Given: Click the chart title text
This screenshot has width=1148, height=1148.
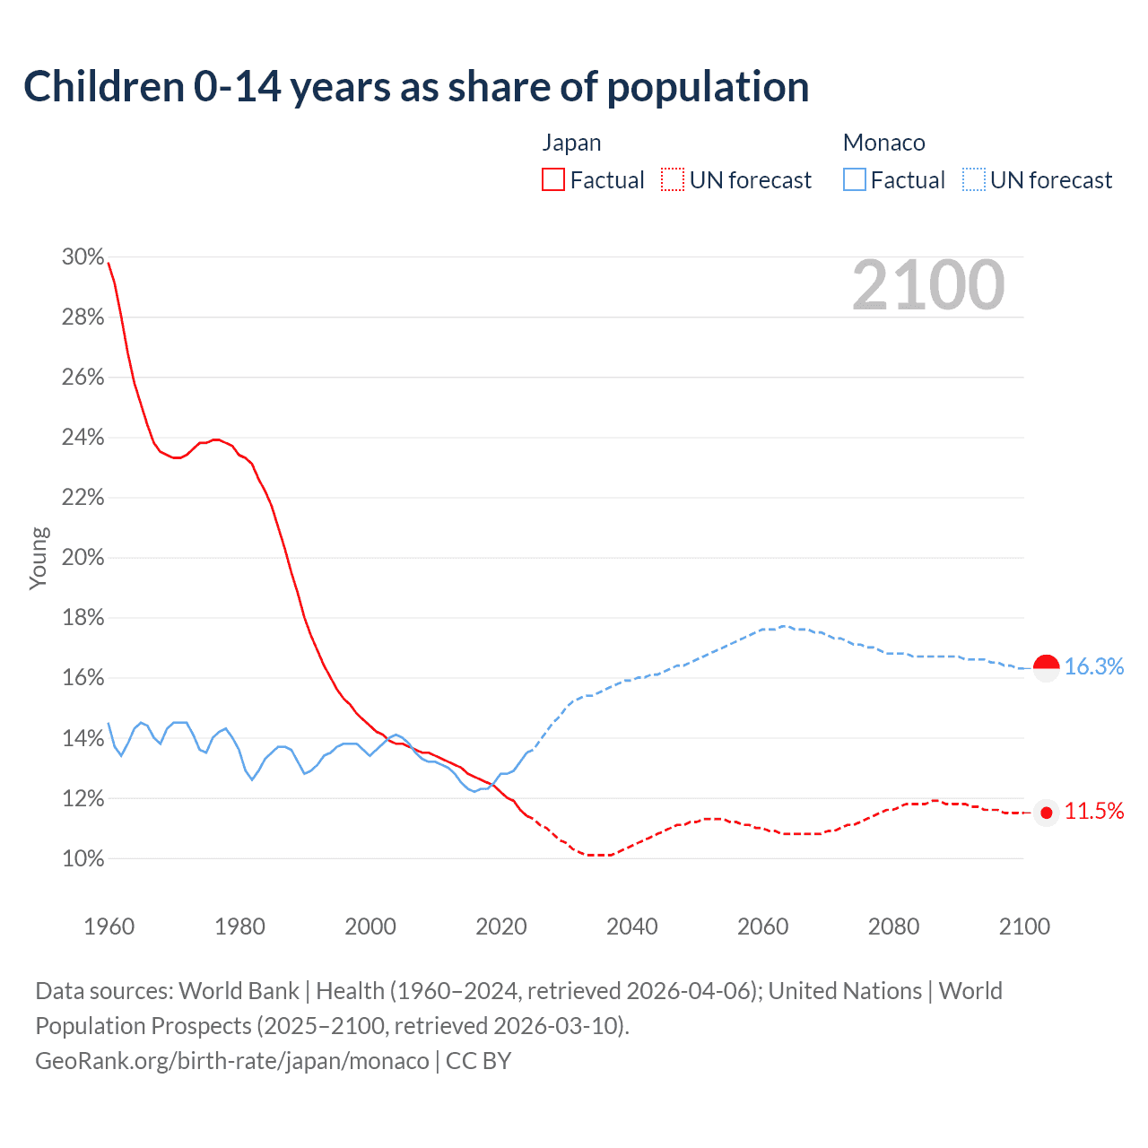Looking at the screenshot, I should pyautogui.click(x=416, y=87).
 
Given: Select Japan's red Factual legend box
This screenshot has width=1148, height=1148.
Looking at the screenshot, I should pyautogui.click(x=553, y=180).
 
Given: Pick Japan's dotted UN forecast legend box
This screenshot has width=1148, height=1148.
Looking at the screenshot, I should pyautogui.click(x=673, y=180).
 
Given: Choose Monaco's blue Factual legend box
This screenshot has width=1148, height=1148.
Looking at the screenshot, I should pyautogui.click(x=855, y=180).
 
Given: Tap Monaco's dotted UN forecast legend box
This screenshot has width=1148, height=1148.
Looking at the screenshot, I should pyautogui.click(x=974, y=180).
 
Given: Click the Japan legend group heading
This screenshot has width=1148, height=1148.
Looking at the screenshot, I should pyautogui.click(x=571, y=143).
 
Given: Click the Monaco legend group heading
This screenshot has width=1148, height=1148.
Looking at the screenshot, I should pyautogui.click(x=883, y=143).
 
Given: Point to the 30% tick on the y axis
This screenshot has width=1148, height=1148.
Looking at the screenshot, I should pyautogui.click(x=83, y=257).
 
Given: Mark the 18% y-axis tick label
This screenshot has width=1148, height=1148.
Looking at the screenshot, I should pyautogui.click(x=83, y=618).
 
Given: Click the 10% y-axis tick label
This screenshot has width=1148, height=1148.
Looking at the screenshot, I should pyautogui.click(x=83, y=859).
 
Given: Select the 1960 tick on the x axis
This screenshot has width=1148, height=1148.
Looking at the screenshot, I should pyautogui.click(x=109, y=926).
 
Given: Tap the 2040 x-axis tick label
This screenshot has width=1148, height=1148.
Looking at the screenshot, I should pyautogui.click(x=631, y=926).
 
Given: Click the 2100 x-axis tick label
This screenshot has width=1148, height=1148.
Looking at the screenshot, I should pyautogui.click(x=1023, y=926).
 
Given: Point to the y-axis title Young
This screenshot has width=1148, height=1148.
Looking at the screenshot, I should pyautogui.click(x=39, y=558).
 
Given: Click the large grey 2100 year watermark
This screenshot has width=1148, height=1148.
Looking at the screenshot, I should pyautogui.click(x=928, y=285).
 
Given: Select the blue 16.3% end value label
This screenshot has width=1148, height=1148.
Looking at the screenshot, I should pyautogui.click(x=1093, y=666).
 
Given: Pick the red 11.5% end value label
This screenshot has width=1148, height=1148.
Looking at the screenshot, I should pyautogui.click(x=1093, y=812).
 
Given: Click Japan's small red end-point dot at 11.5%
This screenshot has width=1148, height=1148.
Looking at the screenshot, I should pyautogui.click(x=1046, y=813).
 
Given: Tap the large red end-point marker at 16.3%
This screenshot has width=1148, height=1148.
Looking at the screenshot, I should pyautogui.click(x=1047, y=666).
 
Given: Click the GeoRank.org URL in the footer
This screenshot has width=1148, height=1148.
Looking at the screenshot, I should pyautogui.click(x=232, y=1061).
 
